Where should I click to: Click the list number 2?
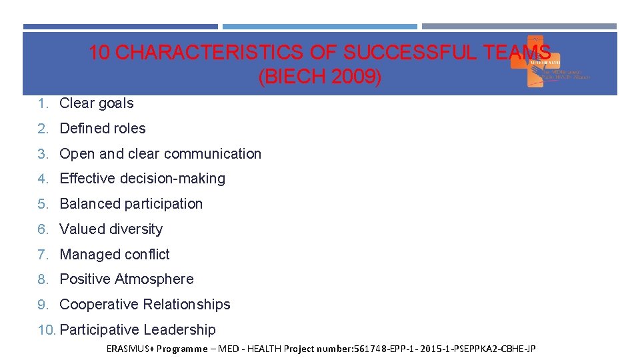point(42,129)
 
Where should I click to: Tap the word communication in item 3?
point(213,154)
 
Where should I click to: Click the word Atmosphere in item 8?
point(155,279)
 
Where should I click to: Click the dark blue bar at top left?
point(120,27)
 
